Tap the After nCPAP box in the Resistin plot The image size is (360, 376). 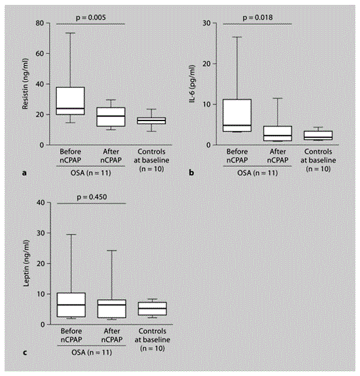point(111,116)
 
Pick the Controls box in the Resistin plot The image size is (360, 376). point(151,120)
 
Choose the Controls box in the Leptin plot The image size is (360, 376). point(151,309)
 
